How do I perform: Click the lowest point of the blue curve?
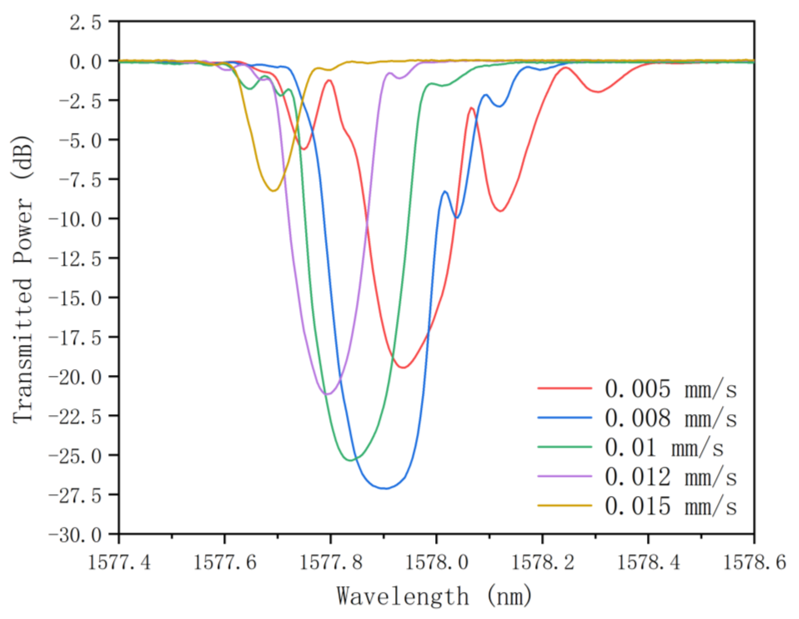click(385, 488)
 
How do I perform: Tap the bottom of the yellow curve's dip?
click(273, 191)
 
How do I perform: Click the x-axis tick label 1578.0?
click(436, 562)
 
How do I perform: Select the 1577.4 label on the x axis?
click(119, 562)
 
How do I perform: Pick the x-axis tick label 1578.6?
click(754, 562)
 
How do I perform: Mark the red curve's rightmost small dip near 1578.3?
click(598, 92)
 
